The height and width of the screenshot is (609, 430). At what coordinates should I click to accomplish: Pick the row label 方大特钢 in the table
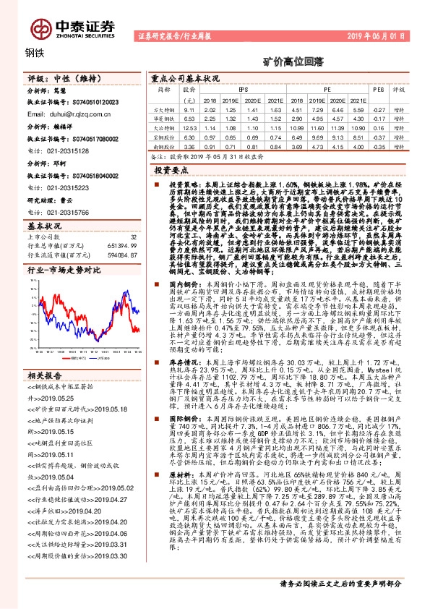(x=165, y=108)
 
